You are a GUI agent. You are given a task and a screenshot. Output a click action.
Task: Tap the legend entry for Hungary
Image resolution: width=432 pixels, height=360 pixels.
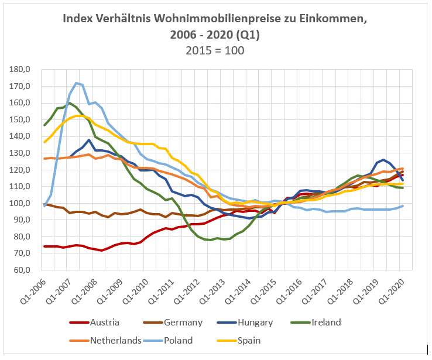[262, 322]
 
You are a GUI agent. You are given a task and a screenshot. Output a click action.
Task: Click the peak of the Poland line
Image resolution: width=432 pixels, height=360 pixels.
[76, 83]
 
